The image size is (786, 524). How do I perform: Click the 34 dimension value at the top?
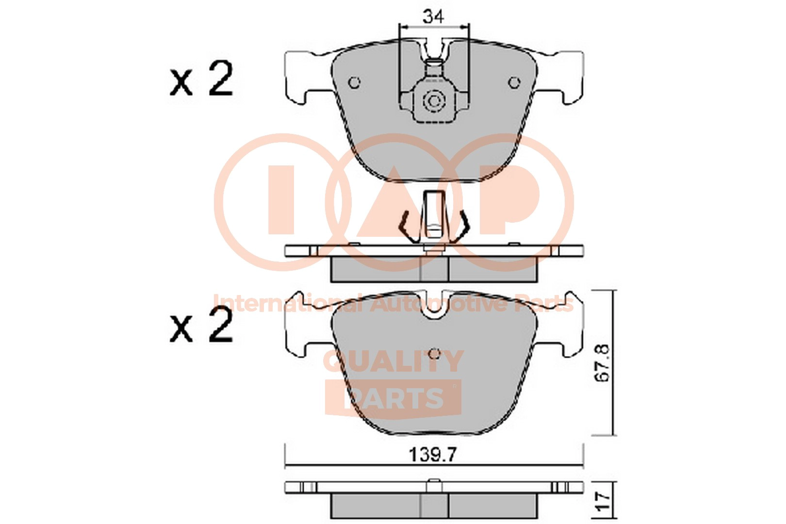click(x=434, y=16)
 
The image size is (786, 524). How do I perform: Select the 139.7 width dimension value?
click(x=433, y=455)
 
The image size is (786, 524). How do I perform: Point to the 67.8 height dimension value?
click(x=603, y=363)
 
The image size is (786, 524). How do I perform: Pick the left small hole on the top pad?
click(x=354, y=83)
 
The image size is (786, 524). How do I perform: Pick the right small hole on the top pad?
click(x=514, y=83)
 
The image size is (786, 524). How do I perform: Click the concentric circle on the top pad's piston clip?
click(x=434, y=101)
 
